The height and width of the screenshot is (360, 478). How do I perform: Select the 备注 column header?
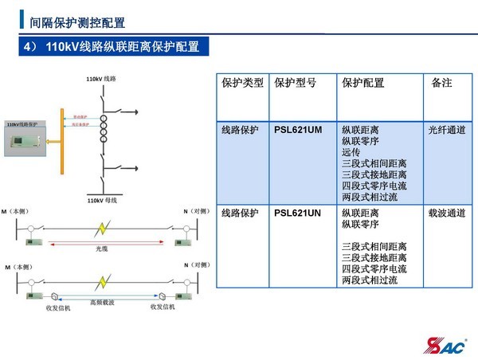(441, 83)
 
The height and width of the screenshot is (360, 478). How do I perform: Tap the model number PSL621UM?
(297, 130)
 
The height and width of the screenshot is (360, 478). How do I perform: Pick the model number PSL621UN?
(297, 213)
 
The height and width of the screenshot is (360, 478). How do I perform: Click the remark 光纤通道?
(446, 130)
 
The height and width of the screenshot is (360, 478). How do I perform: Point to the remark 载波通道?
(446, 213)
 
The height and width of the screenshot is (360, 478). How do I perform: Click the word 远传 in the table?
(351, 152)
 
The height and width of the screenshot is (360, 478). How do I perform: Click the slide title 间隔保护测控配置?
(76, 22)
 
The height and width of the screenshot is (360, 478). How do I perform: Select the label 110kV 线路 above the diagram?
(102, 80)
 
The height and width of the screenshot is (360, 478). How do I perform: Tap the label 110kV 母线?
(102, 201)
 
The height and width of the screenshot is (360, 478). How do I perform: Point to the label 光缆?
(102, 249)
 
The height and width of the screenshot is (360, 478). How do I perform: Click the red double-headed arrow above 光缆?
(102, 243)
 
